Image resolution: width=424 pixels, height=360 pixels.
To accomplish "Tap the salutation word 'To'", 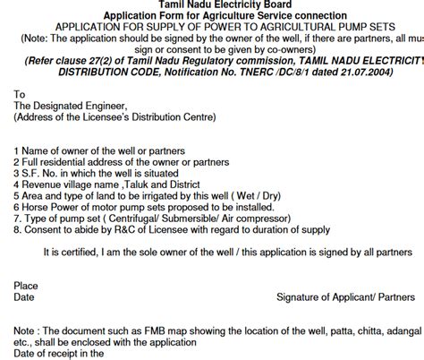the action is coord(21,92).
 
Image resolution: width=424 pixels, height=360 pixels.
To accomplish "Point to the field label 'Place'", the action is coord(27,285).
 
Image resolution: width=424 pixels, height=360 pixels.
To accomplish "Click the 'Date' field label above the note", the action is coord(24,296).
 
